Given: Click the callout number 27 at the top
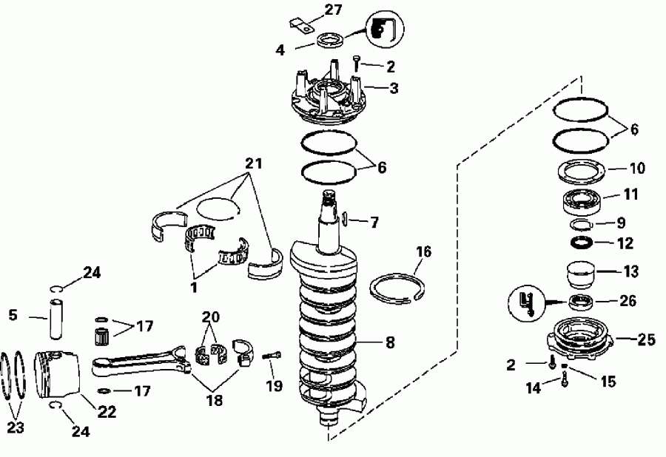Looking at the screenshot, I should [334, 10].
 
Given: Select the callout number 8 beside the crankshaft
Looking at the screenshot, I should [390, 342].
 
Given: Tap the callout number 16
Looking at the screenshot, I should [423, 252].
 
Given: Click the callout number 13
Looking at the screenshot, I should [630, 271].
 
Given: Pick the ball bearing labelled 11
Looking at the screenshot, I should [582, 200].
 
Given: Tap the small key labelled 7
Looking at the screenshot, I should [345, 220].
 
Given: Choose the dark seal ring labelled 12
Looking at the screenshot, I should [582, 243].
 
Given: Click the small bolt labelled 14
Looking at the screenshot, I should [565, 382].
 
